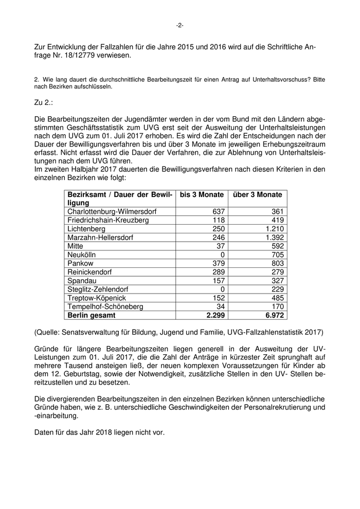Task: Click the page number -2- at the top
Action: (179, 25)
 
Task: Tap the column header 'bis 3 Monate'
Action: (202, 195)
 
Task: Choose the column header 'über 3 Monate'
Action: (258, 195)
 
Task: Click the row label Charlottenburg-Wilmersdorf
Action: (112, 211)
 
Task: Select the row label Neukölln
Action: (82, 254)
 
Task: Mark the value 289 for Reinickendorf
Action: (217, 272)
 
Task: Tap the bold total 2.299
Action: (213, 315)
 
